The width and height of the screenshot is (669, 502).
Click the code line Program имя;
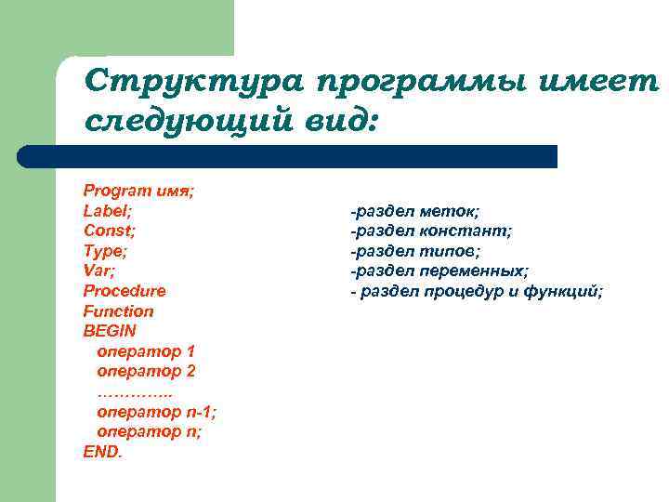pyautogui.click(x=138, y=191)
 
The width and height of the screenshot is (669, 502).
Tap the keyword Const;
pyautogui.click(x=110, y=231)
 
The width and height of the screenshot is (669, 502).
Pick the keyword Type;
pyautogui.click(x=106, y=251)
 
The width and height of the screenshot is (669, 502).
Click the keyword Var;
pyautogui.click(x=100, y=271)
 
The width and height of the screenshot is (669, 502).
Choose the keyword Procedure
pyautogui.click(x=125, y=291)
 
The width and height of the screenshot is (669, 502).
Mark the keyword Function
pyautogui.click(x=118, y=311)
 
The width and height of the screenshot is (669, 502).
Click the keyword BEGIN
pyautogui.click(x=110, y=331)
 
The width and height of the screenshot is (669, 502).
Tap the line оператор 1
pyautogui.click(x=146, y=351)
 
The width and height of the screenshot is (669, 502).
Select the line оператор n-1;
pyautogui.click(x=156, y=412)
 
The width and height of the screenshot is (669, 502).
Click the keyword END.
pyautogui.click(x=102, y=453)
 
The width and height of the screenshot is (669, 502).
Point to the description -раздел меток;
pyautogui.click(x=415, y=211)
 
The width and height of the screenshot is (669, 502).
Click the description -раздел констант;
pyautogui.click(x=431, y=231)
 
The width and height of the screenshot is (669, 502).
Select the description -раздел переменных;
pyautogui.click(x=439, y=271)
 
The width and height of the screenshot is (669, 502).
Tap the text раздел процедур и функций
pyautogui.click(x=482, y=291)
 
